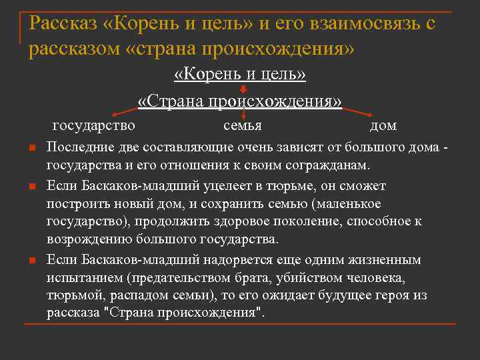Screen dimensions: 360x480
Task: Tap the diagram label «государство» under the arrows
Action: point(93,125)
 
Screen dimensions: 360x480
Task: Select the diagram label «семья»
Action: point(242,125)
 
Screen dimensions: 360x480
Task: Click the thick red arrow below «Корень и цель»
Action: point(243,89)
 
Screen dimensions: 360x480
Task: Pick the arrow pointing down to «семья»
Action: point(242,113)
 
